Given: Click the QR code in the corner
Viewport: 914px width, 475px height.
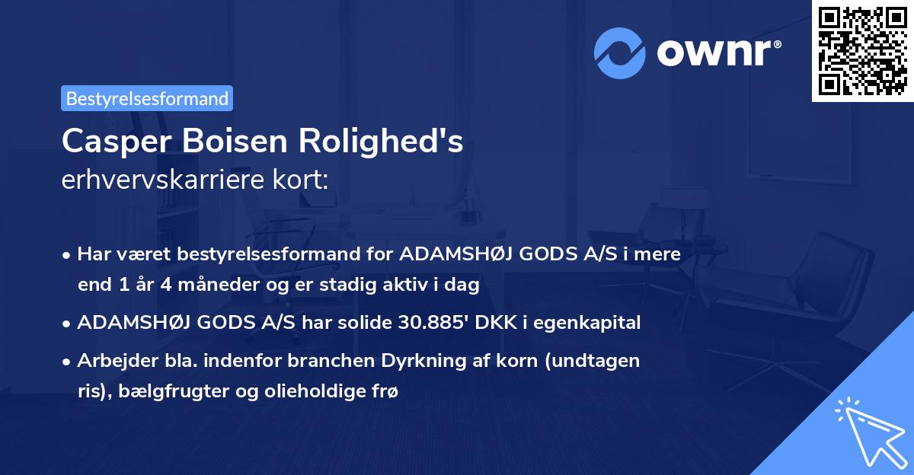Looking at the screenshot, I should (x=862, y=50).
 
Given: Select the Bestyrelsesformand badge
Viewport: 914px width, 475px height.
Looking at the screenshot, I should (x=147, y=98).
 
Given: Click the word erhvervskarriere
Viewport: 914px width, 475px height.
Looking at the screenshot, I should (x=161, y=180).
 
